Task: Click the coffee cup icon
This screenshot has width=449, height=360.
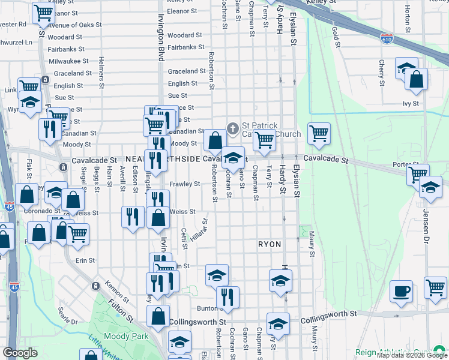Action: coord(401,292)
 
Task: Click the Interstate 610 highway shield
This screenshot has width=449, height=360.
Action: coord(387,38)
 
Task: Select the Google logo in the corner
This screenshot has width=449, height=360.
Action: coord(20,353)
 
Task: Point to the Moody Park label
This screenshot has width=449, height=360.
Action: coord(126,337)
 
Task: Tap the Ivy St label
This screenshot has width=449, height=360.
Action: coord(410,103)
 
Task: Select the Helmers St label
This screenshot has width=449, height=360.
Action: coord(101,70)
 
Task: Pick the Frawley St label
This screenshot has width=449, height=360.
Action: coord(184,184)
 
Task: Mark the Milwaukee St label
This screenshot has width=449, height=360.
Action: coord(68,61)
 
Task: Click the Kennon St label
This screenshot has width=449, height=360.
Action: coord(117,291)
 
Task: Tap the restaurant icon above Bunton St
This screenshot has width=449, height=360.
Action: coord(227,296)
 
